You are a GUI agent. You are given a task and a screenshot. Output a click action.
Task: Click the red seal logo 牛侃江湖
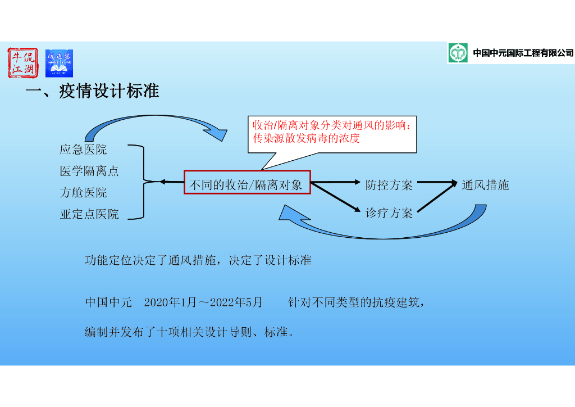point(23,63)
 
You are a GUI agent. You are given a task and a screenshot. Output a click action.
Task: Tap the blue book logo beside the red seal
point(59,63)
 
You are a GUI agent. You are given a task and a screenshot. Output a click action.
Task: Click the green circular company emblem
point(458,53)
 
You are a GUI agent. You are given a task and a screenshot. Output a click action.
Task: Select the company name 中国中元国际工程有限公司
point(523,53)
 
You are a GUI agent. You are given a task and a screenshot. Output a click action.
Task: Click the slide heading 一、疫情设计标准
point(93,91)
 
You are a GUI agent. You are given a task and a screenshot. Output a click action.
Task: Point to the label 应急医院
point(83,150)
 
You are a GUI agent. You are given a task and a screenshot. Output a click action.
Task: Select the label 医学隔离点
point(89,171)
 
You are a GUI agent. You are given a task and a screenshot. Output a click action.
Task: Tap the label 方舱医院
point(83,193)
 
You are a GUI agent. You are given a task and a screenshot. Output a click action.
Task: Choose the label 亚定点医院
point(89,214)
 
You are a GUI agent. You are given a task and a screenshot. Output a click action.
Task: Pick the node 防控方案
point(389,185)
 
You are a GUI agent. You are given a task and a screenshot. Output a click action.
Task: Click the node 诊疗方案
point(389,213)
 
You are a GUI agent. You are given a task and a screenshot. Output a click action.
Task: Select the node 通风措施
point(485,185)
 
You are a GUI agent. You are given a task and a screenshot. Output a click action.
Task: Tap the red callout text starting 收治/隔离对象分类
point(332,132)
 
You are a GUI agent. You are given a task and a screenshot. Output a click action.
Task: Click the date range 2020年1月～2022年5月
point(203,302)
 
